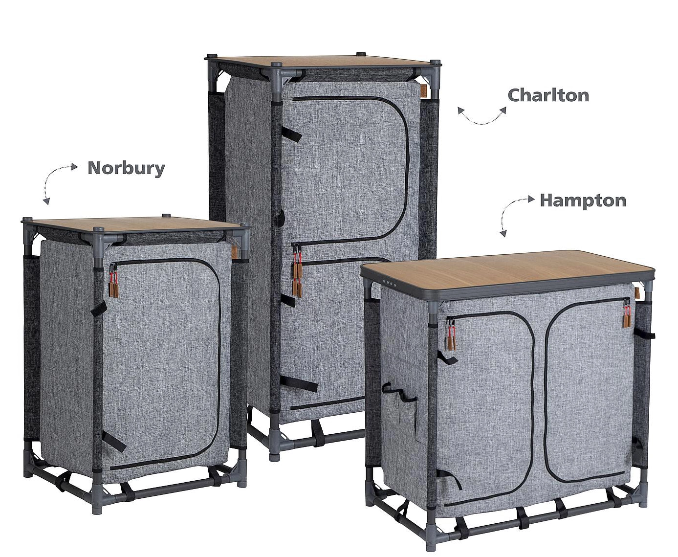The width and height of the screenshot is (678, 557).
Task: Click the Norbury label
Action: point(126,169)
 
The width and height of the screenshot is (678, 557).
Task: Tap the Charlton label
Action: point(548,95)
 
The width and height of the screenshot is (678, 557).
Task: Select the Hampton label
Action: point(583,201)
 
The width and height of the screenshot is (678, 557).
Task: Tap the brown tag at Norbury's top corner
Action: point(234,252)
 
